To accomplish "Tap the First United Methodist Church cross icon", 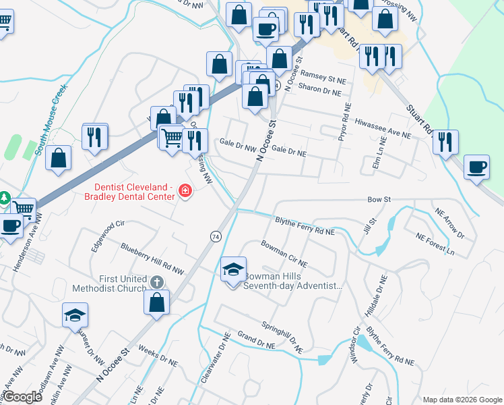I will [156, 282].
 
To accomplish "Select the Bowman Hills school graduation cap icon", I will [234, 269].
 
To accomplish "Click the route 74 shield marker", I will [216, 236].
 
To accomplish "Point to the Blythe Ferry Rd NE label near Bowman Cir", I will [305, 226].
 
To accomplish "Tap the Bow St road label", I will [379, 200].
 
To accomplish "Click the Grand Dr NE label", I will [253, 340].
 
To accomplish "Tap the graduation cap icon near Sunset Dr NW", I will [75, 314].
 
